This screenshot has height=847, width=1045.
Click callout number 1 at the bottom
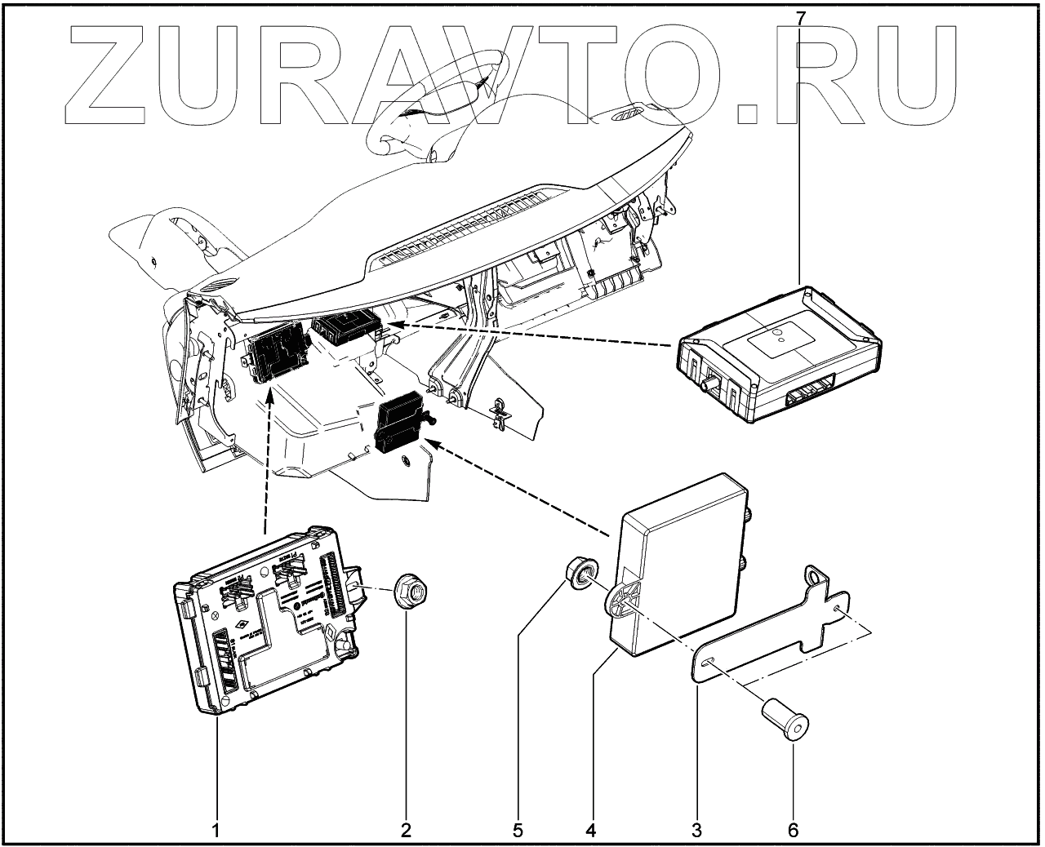(x=216, y=830)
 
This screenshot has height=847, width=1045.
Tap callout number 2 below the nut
(x=406, y=830)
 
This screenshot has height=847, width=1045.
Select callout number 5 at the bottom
(x=518, y=830)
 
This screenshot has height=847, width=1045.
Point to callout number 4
(x=590, y=830)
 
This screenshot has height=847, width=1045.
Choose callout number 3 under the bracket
(x=696, y=830)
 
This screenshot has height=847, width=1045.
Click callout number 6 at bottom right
(x=793, y=830)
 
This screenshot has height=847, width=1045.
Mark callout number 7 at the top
(x=800, y=16)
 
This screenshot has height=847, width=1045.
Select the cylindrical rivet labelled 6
(x=784, y=721)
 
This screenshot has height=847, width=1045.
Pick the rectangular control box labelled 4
(x=682, y=563)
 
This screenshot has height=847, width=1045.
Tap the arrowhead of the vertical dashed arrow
(x=268, y=398)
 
